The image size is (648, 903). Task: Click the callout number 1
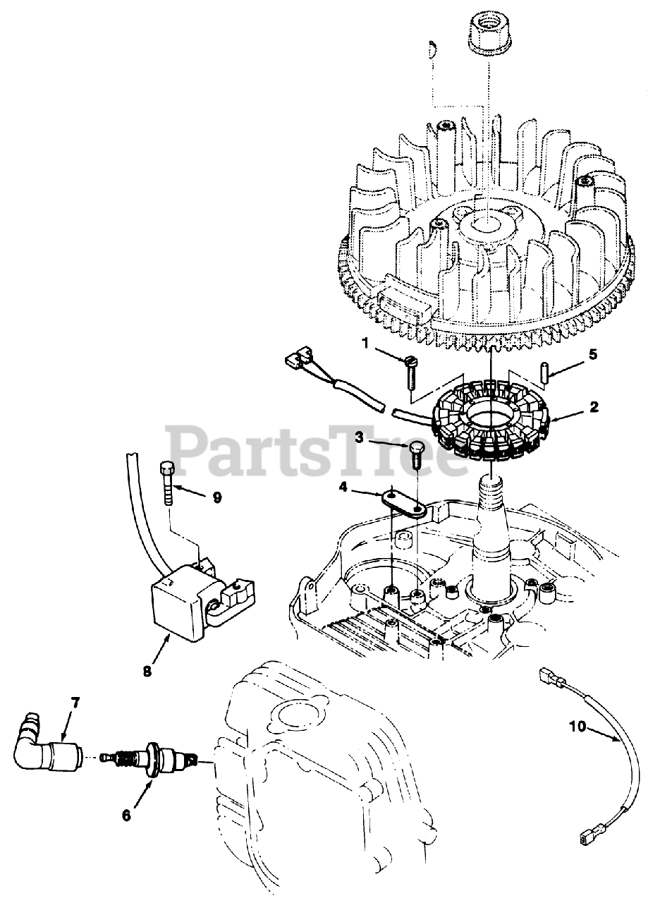click(x=366, y=343)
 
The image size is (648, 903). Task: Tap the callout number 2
click(x=594, y=407)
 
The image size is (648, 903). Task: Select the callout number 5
click(x=593, y=354)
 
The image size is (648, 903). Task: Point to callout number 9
click(x=217, y=497)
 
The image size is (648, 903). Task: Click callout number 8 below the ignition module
click(x=147, y=672)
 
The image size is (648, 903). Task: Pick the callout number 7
click(x=75, y=702)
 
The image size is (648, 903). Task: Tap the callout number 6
click(x=126, y=815)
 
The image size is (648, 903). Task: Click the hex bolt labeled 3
click(x=417, y=454)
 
